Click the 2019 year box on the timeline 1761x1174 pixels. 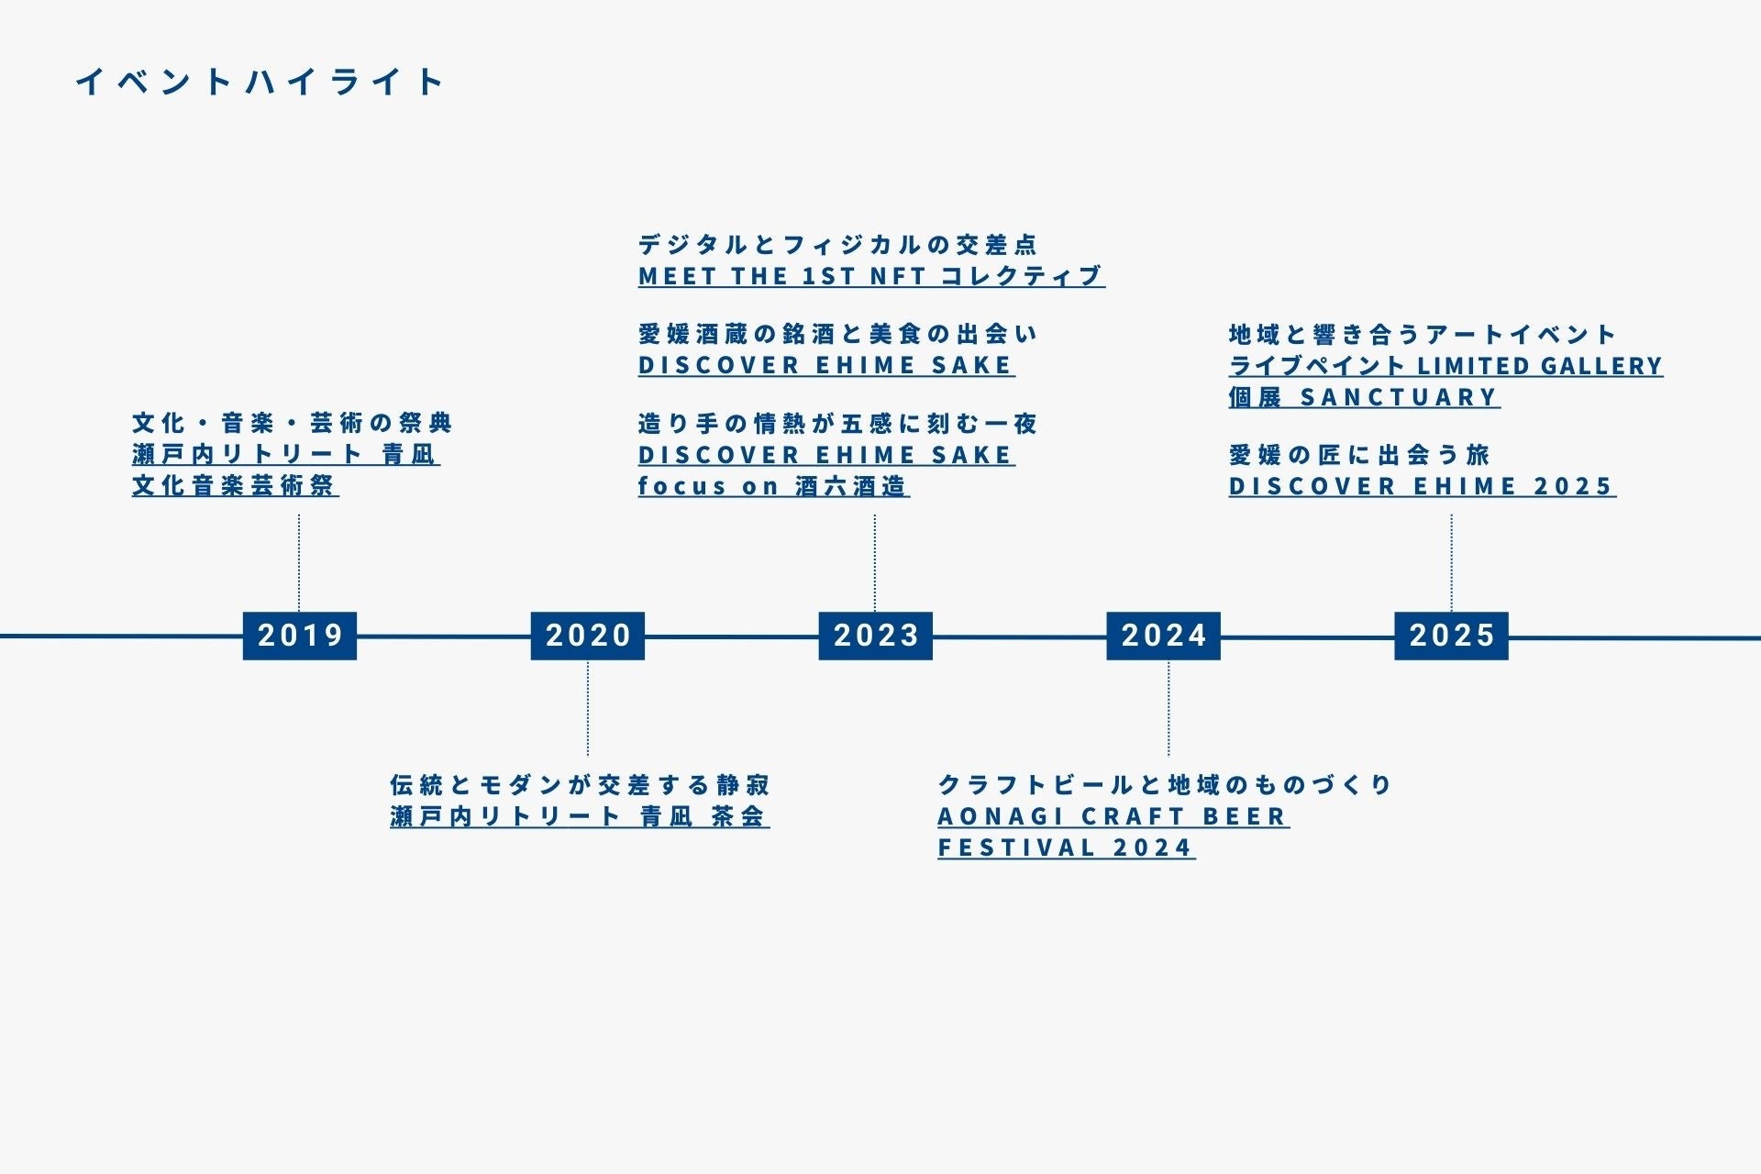299,636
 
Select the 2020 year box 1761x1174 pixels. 587,636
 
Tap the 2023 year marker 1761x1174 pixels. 875,636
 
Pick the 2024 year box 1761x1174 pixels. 1163,636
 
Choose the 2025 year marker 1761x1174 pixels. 1451,636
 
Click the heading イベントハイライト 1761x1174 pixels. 260,83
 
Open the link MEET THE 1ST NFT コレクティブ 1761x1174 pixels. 870,276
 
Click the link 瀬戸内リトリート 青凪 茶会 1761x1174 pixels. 579,816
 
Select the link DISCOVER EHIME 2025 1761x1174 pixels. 1422,486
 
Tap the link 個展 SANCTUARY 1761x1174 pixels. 1364,397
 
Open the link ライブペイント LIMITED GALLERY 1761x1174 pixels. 1445,366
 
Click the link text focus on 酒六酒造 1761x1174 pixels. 773,486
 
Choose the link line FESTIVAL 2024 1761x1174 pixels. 1066,847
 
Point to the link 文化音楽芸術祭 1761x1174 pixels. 235,486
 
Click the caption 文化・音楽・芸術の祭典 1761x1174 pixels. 293,423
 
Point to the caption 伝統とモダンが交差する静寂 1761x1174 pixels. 580,785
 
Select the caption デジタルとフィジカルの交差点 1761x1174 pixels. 837,245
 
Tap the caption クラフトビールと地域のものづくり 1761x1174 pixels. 1165,785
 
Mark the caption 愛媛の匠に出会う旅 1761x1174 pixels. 1359,455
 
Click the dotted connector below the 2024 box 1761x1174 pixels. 1168,708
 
